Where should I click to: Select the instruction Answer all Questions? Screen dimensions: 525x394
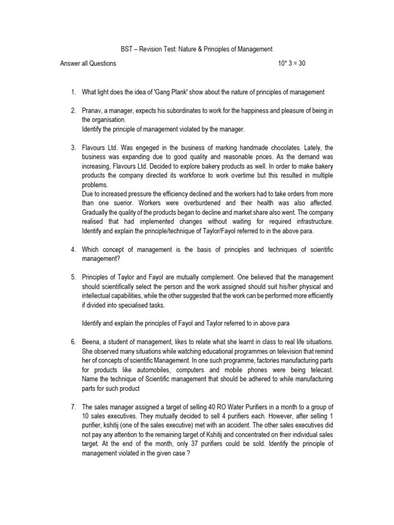[x=88, y=64]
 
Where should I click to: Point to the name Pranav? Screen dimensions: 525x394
[x=92, y=111]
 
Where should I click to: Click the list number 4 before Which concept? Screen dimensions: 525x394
[x=73, y=249]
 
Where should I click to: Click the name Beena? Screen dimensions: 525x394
[x=91, y=342]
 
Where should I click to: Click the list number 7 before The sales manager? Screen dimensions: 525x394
[x=73, y=407]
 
